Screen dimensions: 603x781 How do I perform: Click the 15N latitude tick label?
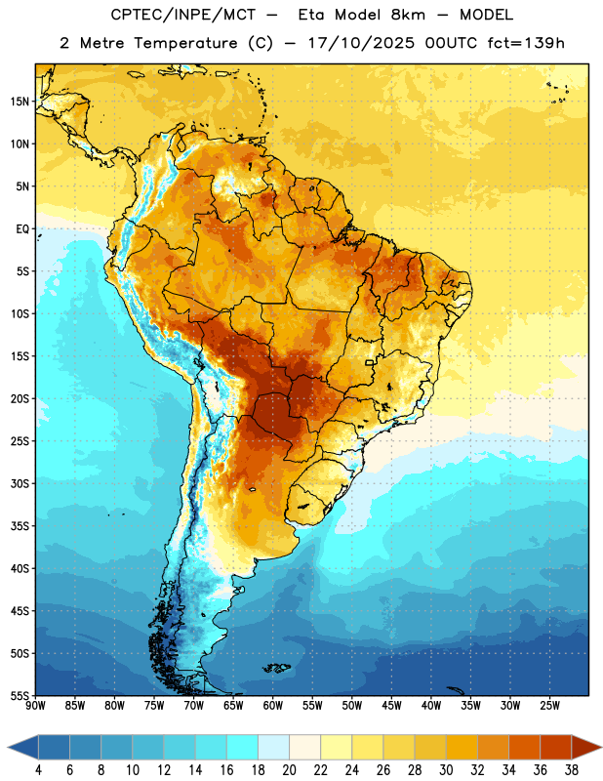(20, 102)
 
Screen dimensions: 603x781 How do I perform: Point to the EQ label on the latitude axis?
(22, 229)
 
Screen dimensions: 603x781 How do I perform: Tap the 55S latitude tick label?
(20, 695)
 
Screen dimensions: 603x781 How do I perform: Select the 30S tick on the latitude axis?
(20, 483)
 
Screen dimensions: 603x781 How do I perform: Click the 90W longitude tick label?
(35, 706)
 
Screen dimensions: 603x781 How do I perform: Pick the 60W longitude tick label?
(273, 706)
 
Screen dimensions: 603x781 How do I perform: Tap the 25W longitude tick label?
(549, 706)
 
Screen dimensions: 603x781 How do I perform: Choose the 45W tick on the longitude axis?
(391, 706)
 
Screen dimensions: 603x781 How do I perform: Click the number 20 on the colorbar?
(289, 770)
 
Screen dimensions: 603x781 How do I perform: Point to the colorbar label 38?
(572, 770)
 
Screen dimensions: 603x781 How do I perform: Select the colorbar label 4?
(38, 770)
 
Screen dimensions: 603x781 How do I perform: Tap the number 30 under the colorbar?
(446, 770)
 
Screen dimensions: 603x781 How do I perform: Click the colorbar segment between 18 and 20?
(273, 747)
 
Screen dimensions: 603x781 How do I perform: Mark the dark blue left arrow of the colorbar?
(23, 747)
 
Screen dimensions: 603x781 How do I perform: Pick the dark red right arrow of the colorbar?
(587, 747)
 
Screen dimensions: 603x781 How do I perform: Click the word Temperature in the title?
(185, 43)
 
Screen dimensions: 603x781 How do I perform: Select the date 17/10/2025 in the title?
(361, 43)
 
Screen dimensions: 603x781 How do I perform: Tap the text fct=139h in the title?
(526, 43)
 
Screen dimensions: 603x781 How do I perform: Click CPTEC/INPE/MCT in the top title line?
(183, 15)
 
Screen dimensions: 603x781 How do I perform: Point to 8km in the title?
(408, 15)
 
